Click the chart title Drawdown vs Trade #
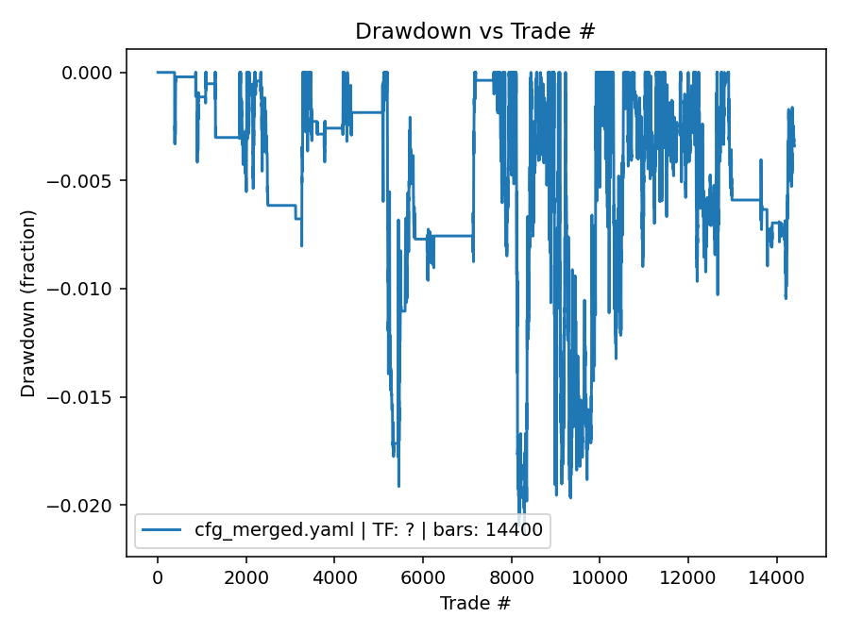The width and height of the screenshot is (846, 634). tap(475, 31)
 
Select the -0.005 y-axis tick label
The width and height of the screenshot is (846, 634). tap(88, 181)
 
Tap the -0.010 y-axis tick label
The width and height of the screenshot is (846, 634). tap(88, 289)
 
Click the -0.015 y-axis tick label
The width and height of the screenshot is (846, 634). tap(88, 397)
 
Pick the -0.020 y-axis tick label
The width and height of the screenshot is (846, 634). tap(88, 506)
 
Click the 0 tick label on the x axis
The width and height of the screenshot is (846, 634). tap(158, 577)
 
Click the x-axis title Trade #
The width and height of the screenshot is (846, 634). tap(475, 602)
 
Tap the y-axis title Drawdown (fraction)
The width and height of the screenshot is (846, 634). tap(28, 303)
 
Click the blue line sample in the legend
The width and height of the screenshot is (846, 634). tap(162, 530)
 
